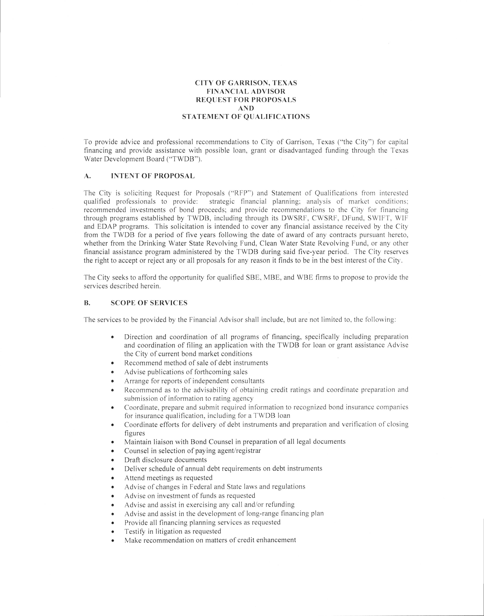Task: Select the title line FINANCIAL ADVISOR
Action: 246,91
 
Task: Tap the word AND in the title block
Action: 246,108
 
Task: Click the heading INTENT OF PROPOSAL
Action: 153,176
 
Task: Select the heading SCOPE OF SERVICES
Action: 149,303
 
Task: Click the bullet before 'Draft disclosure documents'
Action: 113,460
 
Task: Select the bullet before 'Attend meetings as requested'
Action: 113,478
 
